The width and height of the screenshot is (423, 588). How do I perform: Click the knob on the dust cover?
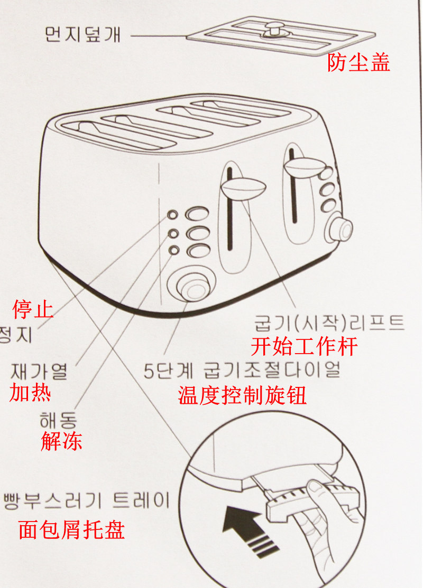pos(274,30)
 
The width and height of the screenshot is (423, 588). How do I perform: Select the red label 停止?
pos(33,309)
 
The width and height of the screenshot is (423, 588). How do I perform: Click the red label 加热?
pos(31,393)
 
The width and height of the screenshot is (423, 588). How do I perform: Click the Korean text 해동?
pos(58,420)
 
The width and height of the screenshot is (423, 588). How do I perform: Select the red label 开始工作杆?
pos(304,347)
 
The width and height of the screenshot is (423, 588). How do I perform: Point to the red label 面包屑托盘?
pos(71,529)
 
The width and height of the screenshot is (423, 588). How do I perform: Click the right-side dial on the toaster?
pos(339,227)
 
